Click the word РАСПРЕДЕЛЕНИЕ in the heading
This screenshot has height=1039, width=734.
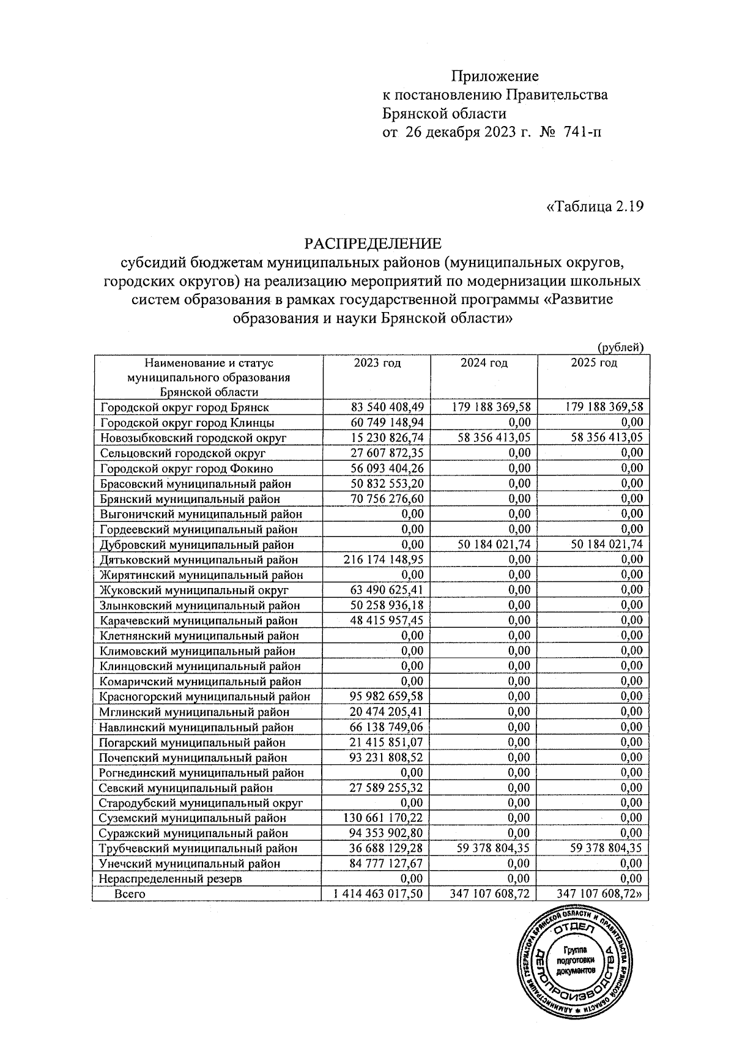click(373, 244)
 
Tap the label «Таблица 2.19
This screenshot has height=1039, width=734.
click(595, 206)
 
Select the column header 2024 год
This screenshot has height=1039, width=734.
click(484, 363)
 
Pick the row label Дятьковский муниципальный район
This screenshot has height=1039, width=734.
click(199, 560)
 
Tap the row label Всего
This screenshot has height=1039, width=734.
click(130, 894)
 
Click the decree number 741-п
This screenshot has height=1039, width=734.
click(584, 132)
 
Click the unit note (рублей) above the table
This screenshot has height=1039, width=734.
click(620, 348)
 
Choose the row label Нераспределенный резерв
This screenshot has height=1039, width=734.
click(171, 879)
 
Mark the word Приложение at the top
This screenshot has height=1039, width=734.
click(495, 76)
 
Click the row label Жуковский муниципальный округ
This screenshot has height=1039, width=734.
click(194, 590)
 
